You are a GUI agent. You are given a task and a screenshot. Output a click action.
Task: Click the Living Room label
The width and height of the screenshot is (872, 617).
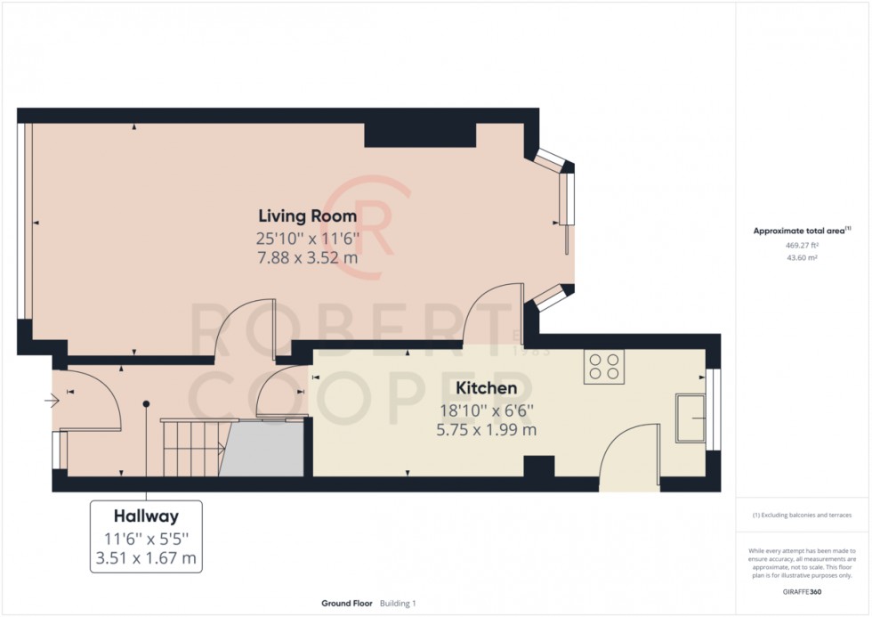click(x=307, y=216)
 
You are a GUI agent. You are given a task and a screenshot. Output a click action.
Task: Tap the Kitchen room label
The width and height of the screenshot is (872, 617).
click(x=486, y=389)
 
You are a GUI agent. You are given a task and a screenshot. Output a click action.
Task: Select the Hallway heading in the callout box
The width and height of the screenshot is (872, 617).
click(x=146, y=516)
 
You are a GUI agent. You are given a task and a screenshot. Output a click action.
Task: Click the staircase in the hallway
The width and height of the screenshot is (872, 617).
click(x=192, y=448)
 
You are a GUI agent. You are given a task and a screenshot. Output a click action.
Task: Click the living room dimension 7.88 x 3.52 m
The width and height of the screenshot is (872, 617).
click(x=307, y=258)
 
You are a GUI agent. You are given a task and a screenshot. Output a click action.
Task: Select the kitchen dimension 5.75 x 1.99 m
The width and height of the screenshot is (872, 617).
click(x=486, y=430)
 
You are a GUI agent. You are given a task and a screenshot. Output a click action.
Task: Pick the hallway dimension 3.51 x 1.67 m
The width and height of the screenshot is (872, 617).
click(x=146, y=559)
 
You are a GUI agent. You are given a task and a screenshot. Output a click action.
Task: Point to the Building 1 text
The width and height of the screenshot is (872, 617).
click(x=398, y=603)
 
